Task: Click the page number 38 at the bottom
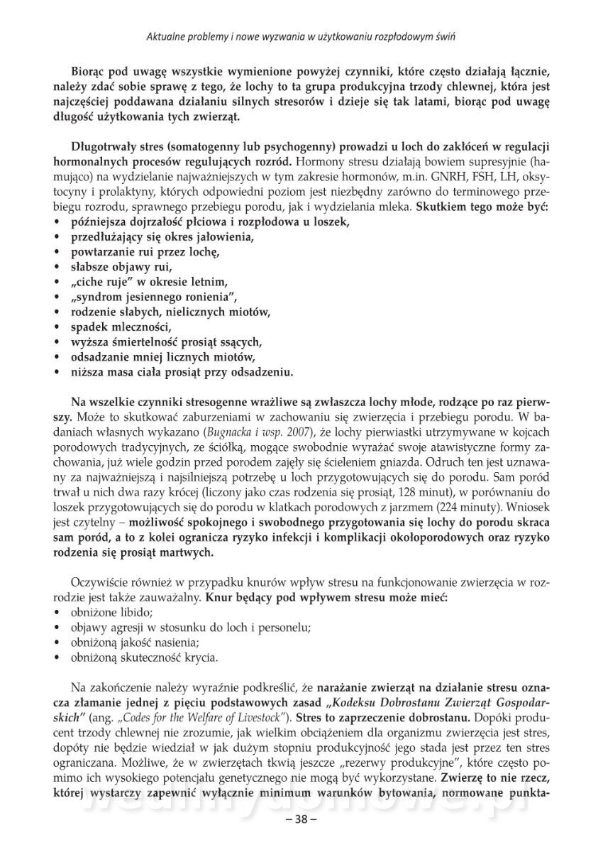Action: [301, 818]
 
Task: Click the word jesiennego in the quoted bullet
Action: [149, 296]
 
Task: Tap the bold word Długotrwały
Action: [105, 146]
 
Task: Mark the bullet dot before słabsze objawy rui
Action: [56, 267]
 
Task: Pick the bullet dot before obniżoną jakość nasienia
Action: [56, 643]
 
